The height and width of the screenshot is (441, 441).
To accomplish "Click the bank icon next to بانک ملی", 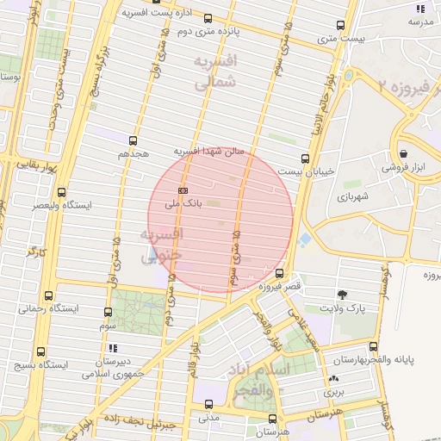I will pyautogui.click(x=182, y=189).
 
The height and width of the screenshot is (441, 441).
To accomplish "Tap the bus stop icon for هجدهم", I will pyautogui.click(x=133, y=140).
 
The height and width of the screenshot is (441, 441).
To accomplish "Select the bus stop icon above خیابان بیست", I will pyautogui.click(x=305, y=158).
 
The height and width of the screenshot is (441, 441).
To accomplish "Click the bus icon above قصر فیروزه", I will pyautogui.click(x=278, y=274).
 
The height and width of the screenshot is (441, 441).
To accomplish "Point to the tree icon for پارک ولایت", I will pyautogui.click(x=344, y=295).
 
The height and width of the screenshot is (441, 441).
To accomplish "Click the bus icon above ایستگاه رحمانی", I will pyautogui.click(x=47, y=295).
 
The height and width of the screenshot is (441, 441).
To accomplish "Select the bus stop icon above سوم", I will pyautogui.click(x=108, y=312).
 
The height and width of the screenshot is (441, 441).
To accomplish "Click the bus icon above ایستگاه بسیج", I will pyautogui.click(x=40, y=351).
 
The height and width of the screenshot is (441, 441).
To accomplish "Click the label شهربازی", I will pyautogui.click(x=352, y=197).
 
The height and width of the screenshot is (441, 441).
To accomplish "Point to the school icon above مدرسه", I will pyautogui.click(x=420, y=9).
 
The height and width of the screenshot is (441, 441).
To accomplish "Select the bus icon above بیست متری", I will pyautogui.click(x=340, y=26).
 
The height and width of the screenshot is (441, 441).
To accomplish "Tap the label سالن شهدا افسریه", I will pyautogui.click(x=210, y=150).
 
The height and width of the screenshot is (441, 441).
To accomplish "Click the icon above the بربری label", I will pyautogui.click(x=333, y=378).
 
